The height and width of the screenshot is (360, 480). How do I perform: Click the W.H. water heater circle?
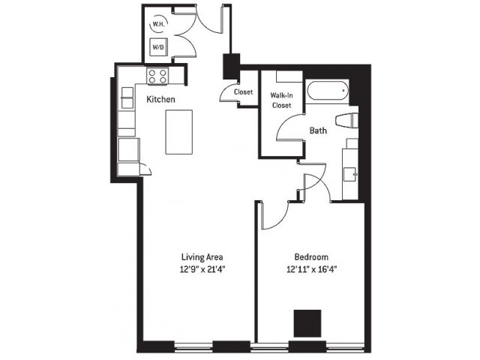[158, 24]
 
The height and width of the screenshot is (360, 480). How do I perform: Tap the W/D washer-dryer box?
[158, 47]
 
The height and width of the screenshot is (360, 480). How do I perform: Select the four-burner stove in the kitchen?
[157, 76]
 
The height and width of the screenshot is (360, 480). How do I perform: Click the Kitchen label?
[160, 99]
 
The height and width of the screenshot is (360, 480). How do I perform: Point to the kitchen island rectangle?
[179, 132]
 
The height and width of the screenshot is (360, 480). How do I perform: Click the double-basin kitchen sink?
[127, 97]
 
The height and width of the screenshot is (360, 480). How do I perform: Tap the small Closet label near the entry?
[243, 91]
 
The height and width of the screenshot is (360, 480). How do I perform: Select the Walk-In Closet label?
[282, 100]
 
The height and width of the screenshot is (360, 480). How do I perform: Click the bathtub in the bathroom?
[328, 90]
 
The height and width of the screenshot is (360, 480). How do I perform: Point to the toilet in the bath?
[346, 120]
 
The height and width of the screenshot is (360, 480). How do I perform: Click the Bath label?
[318, 130]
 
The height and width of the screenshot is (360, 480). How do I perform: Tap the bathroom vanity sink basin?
[350, 174]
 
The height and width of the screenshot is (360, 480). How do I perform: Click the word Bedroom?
[311, 256]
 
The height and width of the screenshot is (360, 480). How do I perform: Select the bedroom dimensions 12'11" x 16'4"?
[312, 269]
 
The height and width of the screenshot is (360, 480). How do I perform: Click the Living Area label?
[202, 256]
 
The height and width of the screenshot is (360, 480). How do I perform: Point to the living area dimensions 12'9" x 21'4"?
[202, 269]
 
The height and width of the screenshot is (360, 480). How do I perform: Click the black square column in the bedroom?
[307, 323]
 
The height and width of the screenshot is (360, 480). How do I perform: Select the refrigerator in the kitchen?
[129, 149]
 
